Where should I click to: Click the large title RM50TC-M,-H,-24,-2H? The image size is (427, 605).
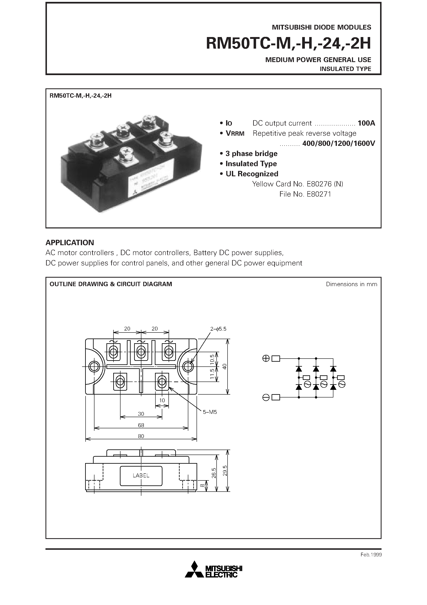pyautogui.click(x=288, y=43)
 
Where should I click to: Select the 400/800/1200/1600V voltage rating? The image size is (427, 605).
pyautogui.click(x=339, y=143)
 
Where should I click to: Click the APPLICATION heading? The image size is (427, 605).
pyautogui.click(x=70, y=242)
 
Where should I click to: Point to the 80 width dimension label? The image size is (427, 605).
pyautogui.click(x=141, y=436)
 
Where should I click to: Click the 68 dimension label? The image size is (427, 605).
pyautogui.click(x=141, y=425)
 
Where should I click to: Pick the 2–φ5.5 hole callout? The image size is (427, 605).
pyautogui.click(x=218, y=329)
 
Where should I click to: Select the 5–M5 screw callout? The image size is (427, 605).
pyautogui.click(x=210, y=412)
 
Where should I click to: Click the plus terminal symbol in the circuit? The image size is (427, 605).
pyautogui.click(x=266, y=358)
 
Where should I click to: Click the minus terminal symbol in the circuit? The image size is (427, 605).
pyautogui.click(x=266, y=397)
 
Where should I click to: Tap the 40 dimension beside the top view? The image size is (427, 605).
pyautogui.click(x=224, y=366)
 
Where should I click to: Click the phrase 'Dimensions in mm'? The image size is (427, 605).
pyautogui.click(x=351, y=284)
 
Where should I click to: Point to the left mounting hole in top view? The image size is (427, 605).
pyautogui.click(x=94, y=366)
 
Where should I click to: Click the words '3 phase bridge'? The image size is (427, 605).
pyautogui.click(x=251, y=154)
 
